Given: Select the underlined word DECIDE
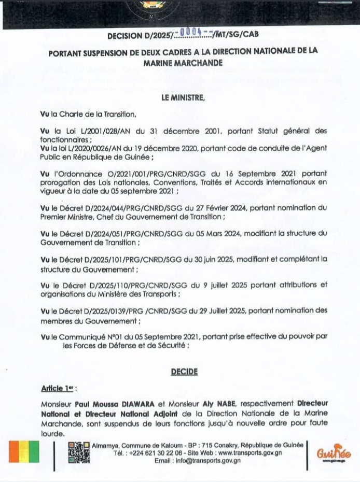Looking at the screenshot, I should pyautogui.click(x=184, y=371).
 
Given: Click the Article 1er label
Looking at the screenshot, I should pyautogui.click(x=57, y=388).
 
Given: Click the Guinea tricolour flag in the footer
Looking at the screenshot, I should pyautogui.click(x=24, y=451).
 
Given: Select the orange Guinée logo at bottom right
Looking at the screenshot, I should pyautogui.click(x=334, y=452).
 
